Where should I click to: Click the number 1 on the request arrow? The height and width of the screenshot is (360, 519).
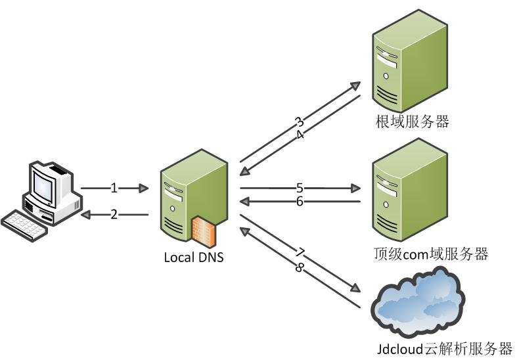point(114,189)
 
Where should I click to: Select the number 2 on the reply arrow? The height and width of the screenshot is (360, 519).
point(114,214)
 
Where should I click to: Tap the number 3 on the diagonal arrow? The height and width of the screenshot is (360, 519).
point(299,122)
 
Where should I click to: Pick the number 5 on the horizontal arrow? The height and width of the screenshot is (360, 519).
point(300,188)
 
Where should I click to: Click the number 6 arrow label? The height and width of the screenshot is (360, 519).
point(300,202)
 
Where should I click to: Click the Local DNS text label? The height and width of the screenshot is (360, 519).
point(194,257)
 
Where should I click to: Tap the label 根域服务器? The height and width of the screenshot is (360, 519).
point(412,122)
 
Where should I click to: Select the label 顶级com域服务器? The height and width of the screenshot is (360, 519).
point(431,254)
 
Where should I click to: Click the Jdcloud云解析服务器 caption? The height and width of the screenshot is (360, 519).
point(445,348)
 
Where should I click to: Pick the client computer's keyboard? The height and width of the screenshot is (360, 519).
point(25,223)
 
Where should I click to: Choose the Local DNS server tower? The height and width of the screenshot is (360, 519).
point(191,197)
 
